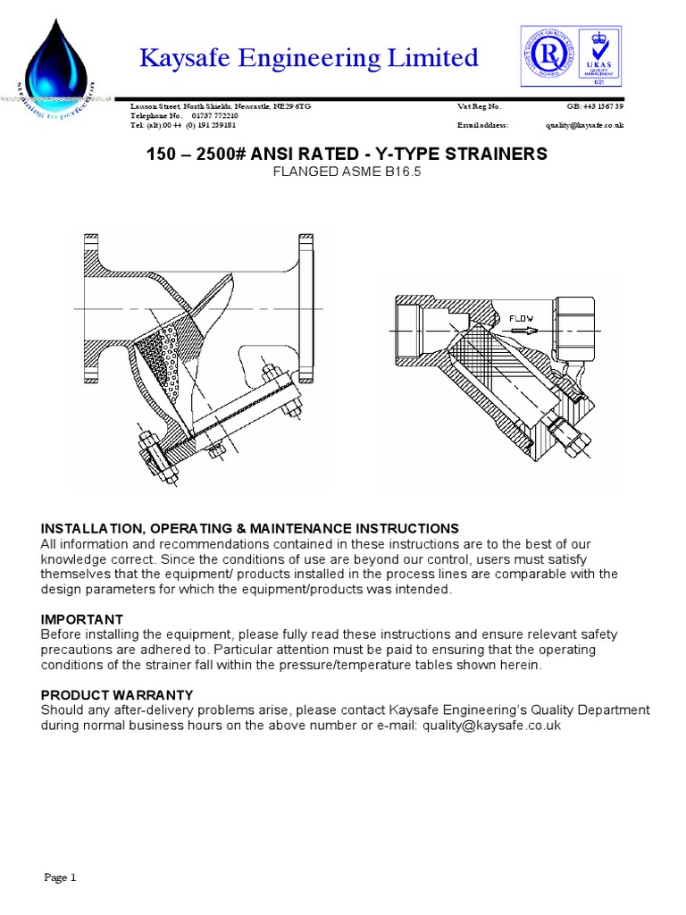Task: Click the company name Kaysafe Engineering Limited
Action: tap(309, 58)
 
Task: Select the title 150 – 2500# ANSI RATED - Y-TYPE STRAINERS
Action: tap(345, 155)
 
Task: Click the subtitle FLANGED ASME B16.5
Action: tap(345, 172)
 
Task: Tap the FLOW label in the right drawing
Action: tap(522, 318)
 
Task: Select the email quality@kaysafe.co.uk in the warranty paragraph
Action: tap(491, 726)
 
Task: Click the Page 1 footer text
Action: tap(61, 877)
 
